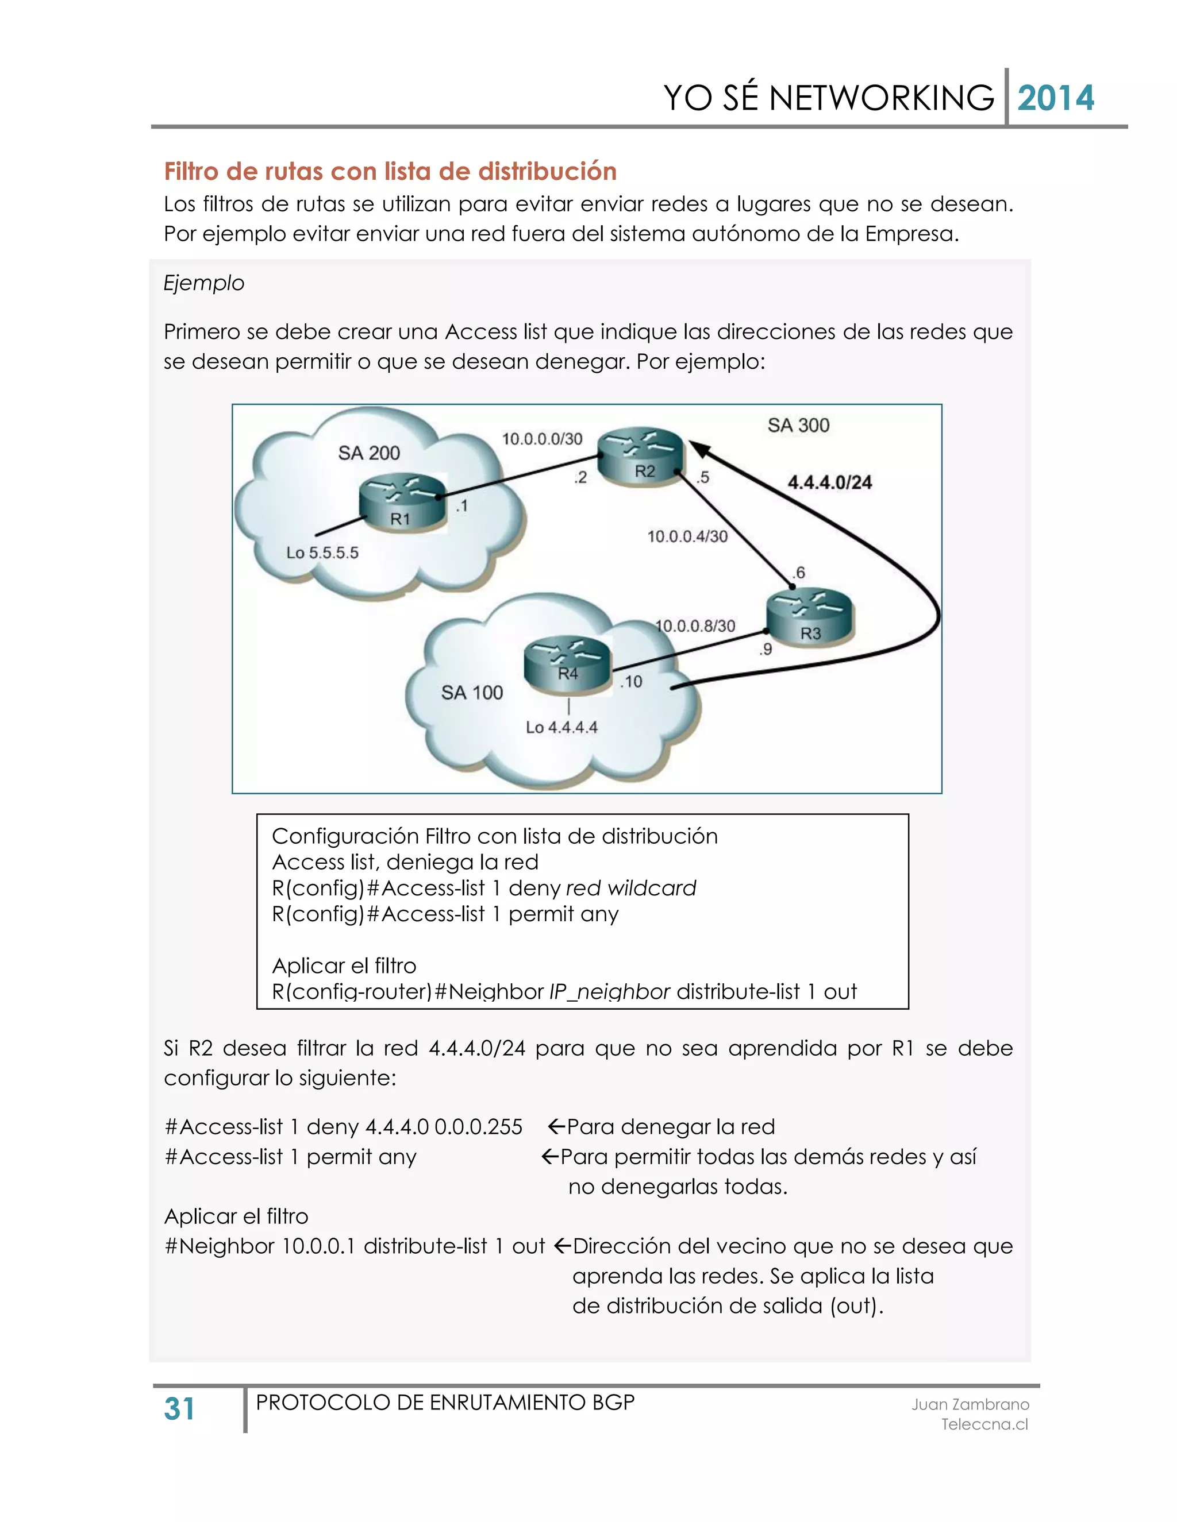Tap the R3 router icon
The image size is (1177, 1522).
(810, 617)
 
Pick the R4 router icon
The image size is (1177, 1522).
(567, 665)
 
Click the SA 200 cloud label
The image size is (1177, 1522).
(369, 453)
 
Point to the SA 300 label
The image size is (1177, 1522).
(798, 425)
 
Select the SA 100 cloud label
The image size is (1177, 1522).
(471, 692)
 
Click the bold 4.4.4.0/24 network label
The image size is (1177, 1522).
(830, 482)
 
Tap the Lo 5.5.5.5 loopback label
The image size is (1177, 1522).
(322, 553)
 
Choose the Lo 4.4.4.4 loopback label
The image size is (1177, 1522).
(561, 727)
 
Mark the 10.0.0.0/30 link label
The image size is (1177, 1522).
(542, 438)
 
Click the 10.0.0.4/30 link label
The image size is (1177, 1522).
(687, 536)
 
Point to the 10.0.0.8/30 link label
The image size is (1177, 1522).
(695, 626)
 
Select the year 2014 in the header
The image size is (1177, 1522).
(1055, 98)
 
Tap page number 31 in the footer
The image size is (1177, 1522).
(179, 1408)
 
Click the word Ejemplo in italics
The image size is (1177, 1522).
(203, 283)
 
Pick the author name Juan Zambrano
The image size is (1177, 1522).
(970, 1404)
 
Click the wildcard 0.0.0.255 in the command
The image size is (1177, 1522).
(478, 1127)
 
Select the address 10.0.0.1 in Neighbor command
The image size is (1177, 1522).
(320, 1246)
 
